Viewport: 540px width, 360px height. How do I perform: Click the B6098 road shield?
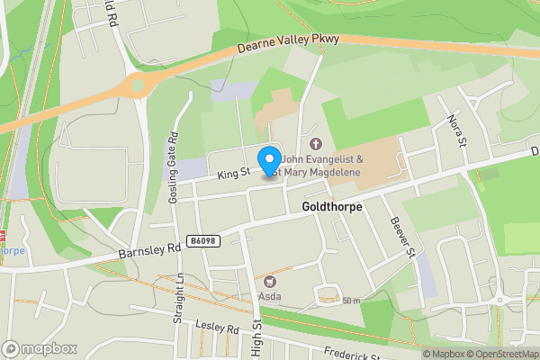[203, 240]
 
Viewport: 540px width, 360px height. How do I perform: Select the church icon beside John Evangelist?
[315, 144]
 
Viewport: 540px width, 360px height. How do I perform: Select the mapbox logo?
[40, 348]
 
